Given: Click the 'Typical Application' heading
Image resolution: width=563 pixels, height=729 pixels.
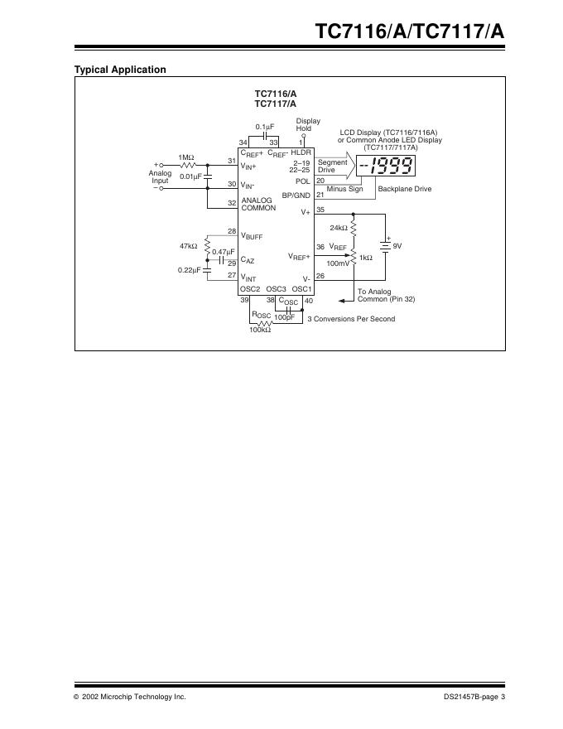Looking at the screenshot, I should coord(120,70).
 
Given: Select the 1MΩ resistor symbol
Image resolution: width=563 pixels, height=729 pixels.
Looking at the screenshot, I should coord(187,165).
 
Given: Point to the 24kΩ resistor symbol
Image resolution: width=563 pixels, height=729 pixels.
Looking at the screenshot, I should coord(354,227).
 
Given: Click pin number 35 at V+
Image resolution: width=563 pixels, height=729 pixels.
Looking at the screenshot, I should coord(320,210).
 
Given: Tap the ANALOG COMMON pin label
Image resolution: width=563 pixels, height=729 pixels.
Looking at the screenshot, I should coord(258,204).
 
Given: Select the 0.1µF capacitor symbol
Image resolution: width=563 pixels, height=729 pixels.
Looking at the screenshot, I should coord(265,135).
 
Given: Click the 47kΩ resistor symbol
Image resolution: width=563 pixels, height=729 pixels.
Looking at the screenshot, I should coord(207,246).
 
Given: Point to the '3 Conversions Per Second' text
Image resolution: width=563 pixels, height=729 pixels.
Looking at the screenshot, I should coord(351,319).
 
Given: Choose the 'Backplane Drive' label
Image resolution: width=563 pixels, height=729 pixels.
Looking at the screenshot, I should coord(405,190).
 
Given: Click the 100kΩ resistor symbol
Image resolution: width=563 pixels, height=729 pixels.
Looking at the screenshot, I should coord(265,323).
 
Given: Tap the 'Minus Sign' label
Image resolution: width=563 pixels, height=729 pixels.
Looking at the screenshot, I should coord(344,190).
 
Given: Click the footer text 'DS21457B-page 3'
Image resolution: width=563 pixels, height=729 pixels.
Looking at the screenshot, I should coord(474,698).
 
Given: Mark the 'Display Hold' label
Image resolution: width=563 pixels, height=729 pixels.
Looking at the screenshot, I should coord(308,124).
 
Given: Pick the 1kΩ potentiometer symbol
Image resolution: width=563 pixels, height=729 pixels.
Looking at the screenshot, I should coord(354,258).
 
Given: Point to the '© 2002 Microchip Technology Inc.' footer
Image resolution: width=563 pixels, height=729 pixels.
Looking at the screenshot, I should coord(130,698).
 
